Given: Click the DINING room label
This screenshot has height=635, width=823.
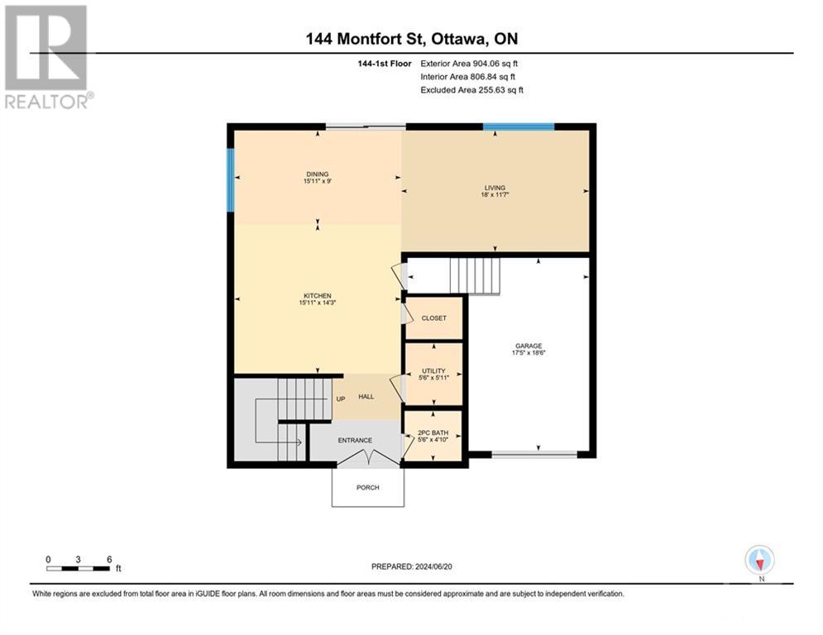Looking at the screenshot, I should pos(317,174).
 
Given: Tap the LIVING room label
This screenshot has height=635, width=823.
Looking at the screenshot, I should pos(495,189).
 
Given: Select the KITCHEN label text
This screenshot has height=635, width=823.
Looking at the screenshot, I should pos(317,296).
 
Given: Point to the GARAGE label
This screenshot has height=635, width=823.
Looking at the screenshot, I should pos(529,346).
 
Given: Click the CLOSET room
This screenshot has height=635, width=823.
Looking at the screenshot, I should pos(433,317).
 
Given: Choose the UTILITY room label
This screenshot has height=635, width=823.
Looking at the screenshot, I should pos(433,371).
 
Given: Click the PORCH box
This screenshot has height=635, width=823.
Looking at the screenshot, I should pos(368,487).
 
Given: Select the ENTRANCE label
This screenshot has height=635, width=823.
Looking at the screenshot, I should pos(354,441).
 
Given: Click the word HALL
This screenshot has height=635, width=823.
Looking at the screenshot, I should pos(366,397).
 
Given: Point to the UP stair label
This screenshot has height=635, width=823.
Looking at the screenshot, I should pos(340,399).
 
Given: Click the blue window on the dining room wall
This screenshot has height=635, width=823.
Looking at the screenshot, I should pos(231,179).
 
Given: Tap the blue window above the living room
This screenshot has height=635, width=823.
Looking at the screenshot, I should pos(519,127).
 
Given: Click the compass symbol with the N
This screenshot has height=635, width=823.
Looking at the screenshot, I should pos(758,560).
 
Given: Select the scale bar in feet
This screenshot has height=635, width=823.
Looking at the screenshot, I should pos(79,568).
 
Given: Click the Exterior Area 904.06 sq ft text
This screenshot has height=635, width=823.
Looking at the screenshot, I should pos(471,63).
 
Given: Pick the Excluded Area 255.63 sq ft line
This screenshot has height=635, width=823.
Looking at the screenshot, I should pos(472,89).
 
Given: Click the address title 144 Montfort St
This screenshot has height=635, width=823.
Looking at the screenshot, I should pos(411,38).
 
